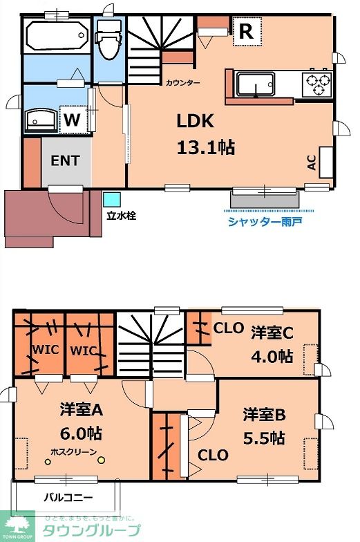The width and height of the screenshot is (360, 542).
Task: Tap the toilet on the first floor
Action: tap(108, 41)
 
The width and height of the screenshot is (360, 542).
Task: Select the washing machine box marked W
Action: tap(73, 120)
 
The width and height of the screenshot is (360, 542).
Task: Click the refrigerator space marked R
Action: tap(246, 30)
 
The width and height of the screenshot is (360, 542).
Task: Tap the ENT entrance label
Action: tap(66, 160)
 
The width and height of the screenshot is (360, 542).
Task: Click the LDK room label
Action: tap(195, 122)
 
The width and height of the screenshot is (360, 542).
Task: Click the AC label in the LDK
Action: tap(312, 162)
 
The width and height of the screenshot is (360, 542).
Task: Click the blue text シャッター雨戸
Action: tap(265, 221)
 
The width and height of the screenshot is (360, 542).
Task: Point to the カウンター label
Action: tap(182, 83)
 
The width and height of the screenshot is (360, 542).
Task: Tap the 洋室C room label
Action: tap(272, 333)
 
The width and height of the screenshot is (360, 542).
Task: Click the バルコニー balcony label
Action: tap(68, 496)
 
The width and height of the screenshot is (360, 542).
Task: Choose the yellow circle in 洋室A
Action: tap(101, 460)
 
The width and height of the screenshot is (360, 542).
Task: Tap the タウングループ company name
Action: tap(91, 530)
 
